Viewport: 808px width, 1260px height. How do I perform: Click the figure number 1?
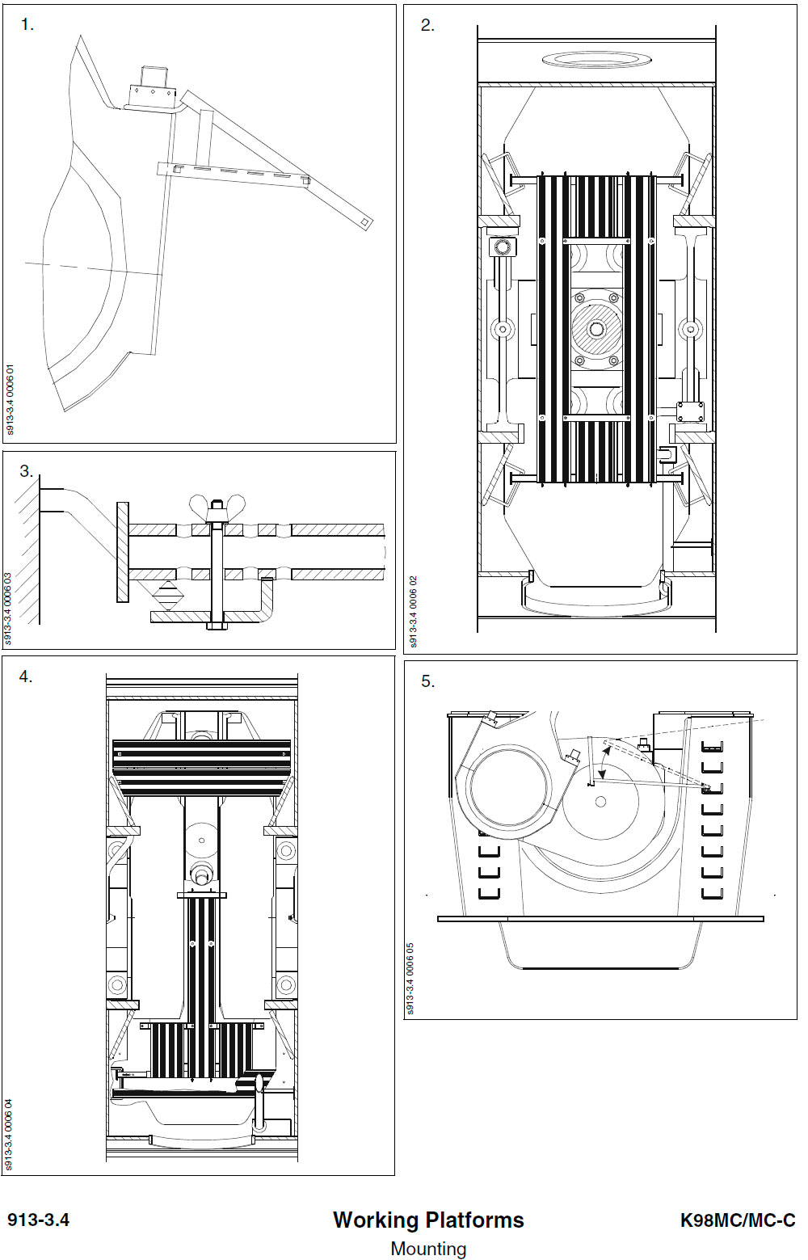(27, 25)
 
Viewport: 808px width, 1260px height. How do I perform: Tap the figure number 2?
(427, 25)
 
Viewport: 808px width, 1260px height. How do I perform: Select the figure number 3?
(26, 471)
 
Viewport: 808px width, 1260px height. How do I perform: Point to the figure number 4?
(26, 676)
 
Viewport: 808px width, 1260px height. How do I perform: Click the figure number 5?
(427, 681)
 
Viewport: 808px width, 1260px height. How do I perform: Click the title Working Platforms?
(428, 1220)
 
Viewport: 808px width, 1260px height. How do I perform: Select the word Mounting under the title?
(428, 1248)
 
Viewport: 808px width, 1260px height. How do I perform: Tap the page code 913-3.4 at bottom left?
(39, 1220)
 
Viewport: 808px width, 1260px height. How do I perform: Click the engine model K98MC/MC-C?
(738, 1220)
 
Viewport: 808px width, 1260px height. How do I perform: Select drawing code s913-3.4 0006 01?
(11, 400)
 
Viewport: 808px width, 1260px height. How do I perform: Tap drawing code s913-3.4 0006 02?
(414, 612)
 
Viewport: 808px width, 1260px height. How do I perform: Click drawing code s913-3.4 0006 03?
(9, 609)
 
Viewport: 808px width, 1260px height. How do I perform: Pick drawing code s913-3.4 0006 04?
(9, 1135)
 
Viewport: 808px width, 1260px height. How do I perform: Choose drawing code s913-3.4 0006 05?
(410, 979)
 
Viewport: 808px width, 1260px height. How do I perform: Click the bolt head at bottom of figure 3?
(215, 626)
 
